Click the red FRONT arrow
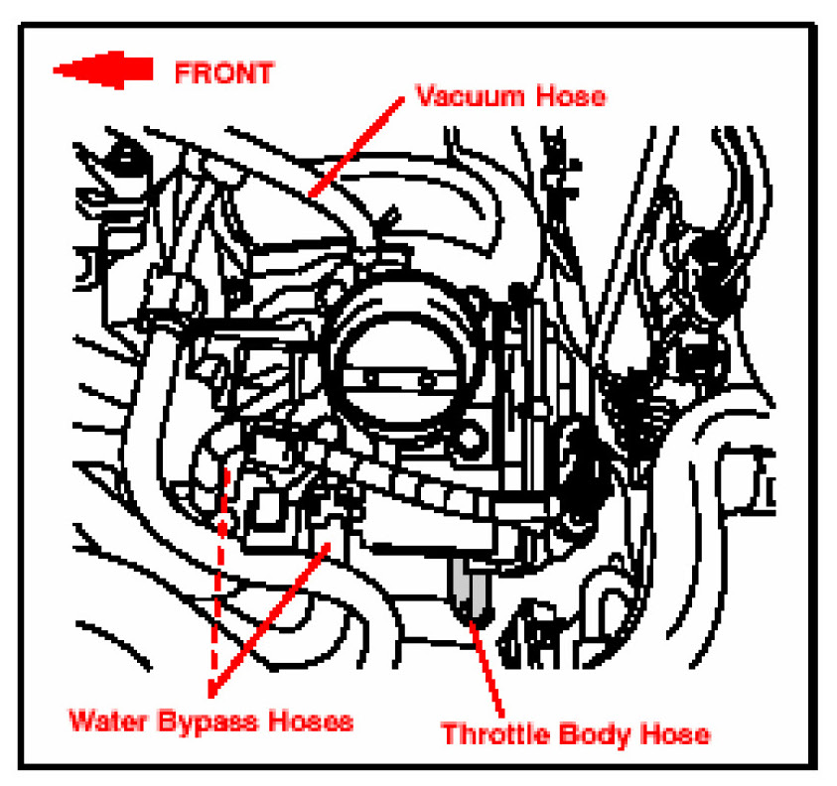coord(102,70)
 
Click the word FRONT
coord(223,71)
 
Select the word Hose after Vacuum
coord(570,97)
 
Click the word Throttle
coord(492,735)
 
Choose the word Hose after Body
coord(675,735)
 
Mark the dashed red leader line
coord(219,576)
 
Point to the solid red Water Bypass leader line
coord(268,615)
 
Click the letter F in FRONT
coord(183,71)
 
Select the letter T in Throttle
coord(448,735)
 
